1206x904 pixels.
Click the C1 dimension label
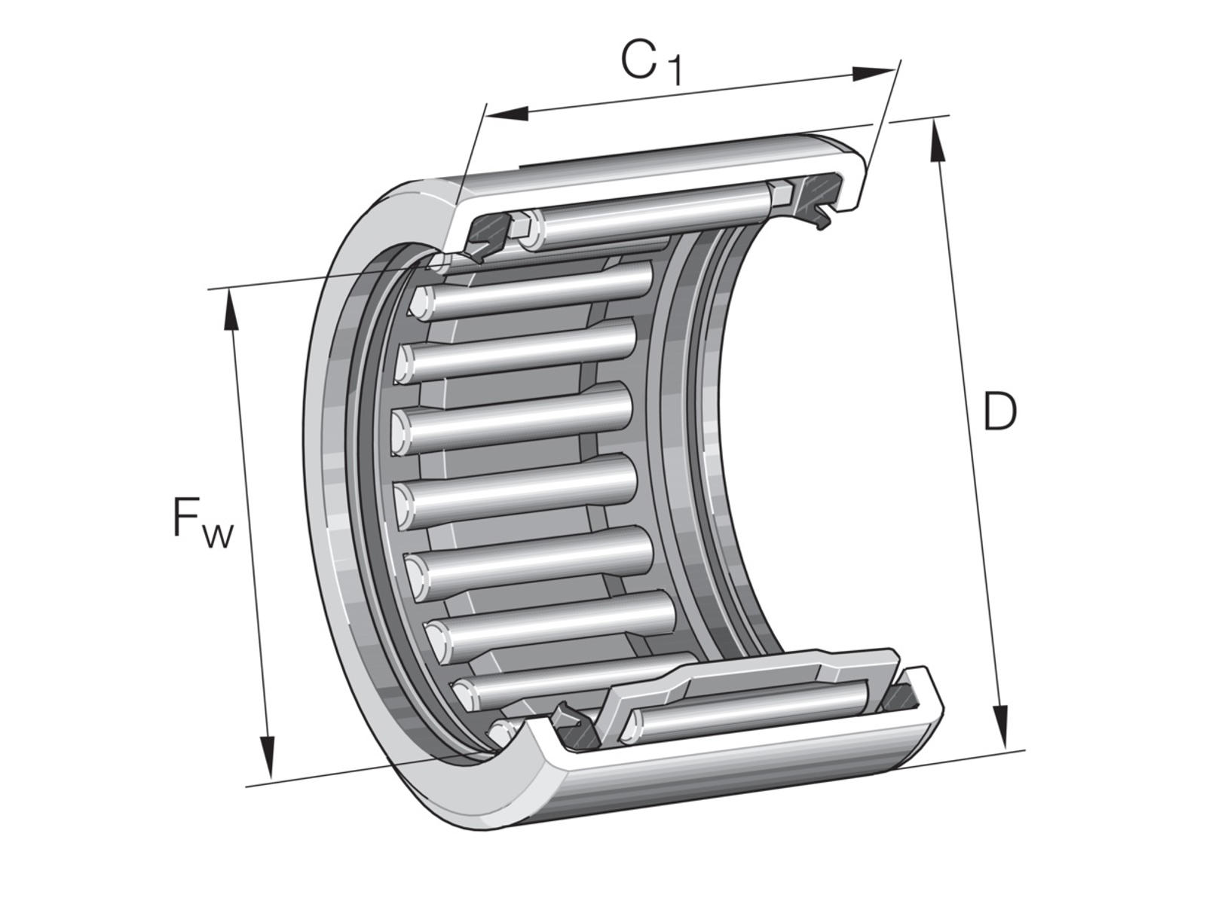[651, 61]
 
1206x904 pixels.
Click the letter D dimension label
[999, 411]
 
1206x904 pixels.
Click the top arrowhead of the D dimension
[937, 141]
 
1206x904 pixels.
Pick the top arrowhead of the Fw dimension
[230, 310]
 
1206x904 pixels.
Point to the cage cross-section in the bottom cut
[754, 682]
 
